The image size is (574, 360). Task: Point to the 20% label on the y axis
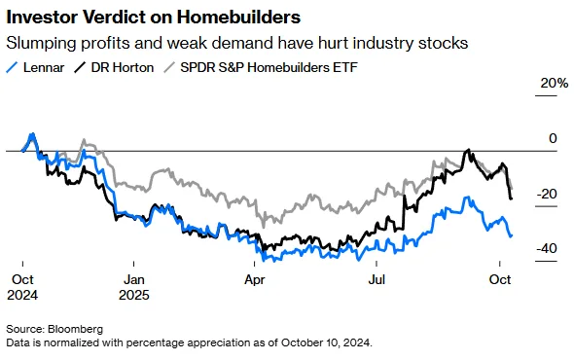(555, 84)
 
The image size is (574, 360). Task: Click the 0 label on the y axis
(553, 139)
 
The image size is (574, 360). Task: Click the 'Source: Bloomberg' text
(54, 330)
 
